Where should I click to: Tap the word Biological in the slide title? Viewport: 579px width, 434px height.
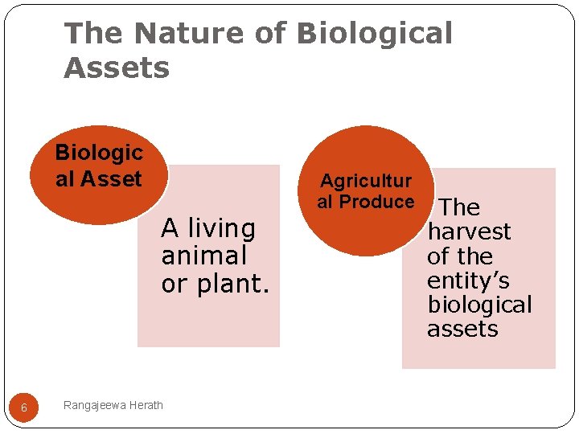tap(374, 34)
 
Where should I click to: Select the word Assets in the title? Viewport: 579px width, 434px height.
tap(117, 68)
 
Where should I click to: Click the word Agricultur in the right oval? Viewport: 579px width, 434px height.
tap(366, 182)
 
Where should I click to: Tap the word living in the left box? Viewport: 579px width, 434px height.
tap(221, 229)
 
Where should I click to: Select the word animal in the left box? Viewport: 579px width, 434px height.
tap(203, 256)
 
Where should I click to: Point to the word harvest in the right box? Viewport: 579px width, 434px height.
tap(469, 231)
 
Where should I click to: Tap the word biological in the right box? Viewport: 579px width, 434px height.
tap(479, 305)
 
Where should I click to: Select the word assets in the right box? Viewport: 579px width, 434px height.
tap(462, 329)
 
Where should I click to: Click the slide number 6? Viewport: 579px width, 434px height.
tap(24, 407)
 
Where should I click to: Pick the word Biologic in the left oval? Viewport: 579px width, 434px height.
tap(98, 153)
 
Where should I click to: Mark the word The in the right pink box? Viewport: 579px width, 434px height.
tap(459, 207)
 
